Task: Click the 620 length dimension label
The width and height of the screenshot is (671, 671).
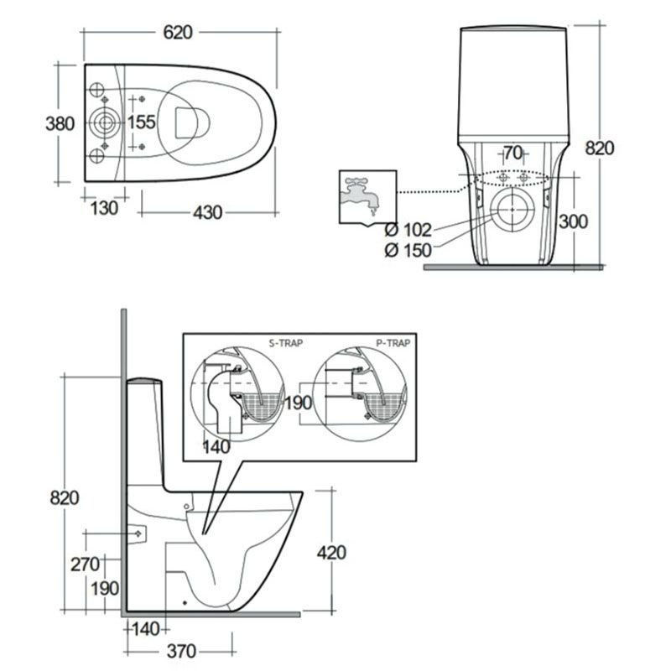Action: click(x=178, y=33)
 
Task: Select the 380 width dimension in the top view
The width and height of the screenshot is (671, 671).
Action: click(x=60, y=123)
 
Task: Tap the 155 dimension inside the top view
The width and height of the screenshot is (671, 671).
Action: click(x=142, y=122)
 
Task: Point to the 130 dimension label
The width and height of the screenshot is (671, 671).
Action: click(x=104, y=208)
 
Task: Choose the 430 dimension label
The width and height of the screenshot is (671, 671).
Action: click(x=207, y=213)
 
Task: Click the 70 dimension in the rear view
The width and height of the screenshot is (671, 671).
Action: click(x=512, y=153)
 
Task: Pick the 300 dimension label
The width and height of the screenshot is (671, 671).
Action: click(x=574, y=221)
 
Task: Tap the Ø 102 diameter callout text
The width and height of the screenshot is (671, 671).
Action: click(x=408, y=230)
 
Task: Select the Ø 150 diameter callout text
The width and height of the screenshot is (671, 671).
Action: click(x=408, y=250)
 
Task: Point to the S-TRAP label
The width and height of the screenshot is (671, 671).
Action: click(x=286, y=343)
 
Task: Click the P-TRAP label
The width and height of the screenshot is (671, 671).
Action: click(x=393, y=343)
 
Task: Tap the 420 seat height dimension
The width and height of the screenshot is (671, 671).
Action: click(x=331, y=553)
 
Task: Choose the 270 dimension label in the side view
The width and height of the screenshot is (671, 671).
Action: click(x=86, y=564)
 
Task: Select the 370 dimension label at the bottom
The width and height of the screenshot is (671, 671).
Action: click(x=181, y=652)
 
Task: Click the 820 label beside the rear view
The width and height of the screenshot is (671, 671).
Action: click(x=600, y=148)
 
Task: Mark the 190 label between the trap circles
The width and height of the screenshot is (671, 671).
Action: click(x=299, y=403)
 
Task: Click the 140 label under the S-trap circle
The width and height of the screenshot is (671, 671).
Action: click(x=216, y=447)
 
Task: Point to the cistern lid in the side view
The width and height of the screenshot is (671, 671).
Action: click(x=144, y=380)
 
